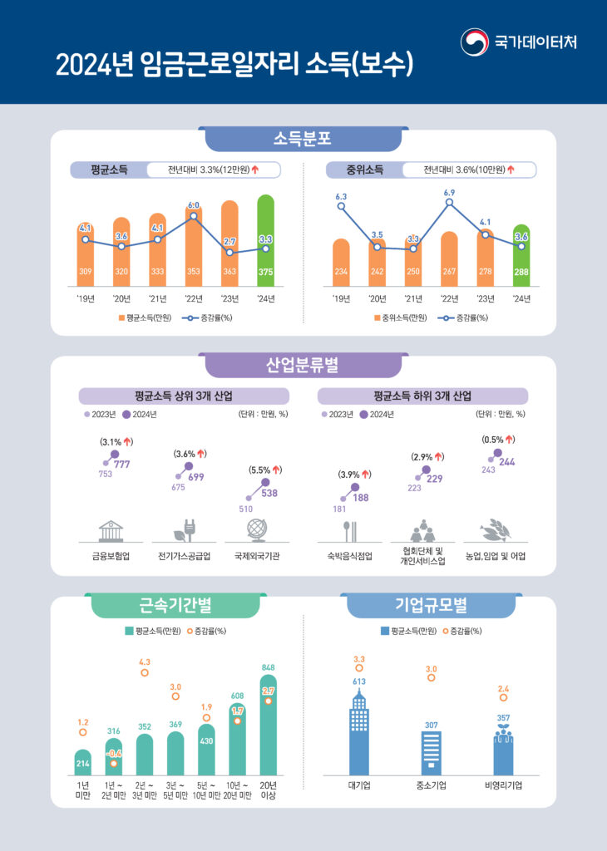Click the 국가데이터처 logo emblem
click(x=475, y=42)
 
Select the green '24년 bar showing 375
click(x=265, y=241)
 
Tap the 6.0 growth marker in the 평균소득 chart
click(x=193, y=215)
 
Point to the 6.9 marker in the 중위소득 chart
click(x=449, y=202)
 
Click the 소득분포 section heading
click(x=303, y=138)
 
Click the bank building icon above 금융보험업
click(x=111, y=531)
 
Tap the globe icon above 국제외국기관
click(x=256, y=530)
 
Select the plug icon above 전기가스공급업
click(x=184, y=531)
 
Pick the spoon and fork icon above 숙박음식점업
click(x=349, y=531)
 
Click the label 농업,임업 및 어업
click(x=495, y=555)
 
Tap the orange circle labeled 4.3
click(x=145, y=672)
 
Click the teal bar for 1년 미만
click(x=82, y=764)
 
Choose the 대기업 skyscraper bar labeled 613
click(x=358, y=735)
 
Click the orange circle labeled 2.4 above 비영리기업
click(x=503, y=698)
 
